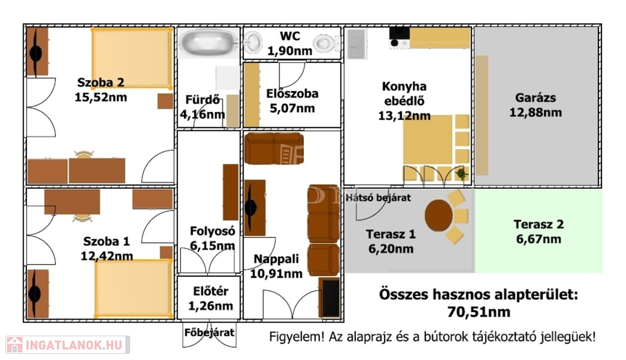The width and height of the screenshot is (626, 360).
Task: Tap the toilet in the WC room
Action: [x=324, y=43]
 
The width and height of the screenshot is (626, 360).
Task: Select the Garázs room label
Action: [x=535, y=97]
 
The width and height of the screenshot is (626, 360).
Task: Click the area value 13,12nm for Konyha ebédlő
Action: [x=404, y=116]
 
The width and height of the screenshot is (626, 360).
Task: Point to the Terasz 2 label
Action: [x=538, y=224]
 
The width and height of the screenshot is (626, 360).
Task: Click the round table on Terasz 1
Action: [x=438, y=216]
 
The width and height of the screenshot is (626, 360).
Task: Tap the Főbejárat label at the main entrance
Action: [x=209, y=332]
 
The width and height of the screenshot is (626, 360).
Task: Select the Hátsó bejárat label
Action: [x=378, y=197]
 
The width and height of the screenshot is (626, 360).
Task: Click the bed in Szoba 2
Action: [x=132, y=58]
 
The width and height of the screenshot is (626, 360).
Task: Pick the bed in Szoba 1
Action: [x=134, y=288]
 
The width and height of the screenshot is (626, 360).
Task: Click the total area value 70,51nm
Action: [x=478, y=312]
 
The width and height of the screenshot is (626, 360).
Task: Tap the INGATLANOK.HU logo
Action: [x=67, y=345]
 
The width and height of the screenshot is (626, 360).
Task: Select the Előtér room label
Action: [x=210, y=291]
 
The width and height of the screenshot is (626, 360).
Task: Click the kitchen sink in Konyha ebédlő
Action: [x=356, y=44]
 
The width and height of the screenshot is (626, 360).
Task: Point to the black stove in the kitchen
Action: [x=399, y=38]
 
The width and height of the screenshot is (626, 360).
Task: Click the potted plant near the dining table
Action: [x=462, y=174]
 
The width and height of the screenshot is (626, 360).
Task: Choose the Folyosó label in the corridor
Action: [x=212, y=231]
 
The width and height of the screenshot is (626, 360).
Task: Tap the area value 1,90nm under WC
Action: [x=289, y=51]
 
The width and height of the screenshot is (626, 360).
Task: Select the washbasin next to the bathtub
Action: [x=252, y=42]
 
